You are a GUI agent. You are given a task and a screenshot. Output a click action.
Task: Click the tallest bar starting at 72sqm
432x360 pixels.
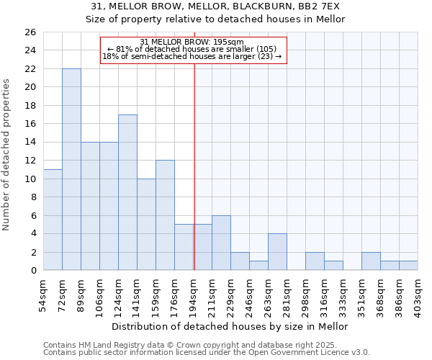pyautogui.click(x=71, y=169)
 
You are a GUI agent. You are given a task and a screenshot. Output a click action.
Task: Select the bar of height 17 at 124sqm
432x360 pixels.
pyautogui.click(x=127, y=192)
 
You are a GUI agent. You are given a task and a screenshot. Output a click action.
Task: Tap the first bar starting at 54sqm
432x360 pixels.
pyautogui.click(x=53, y=220)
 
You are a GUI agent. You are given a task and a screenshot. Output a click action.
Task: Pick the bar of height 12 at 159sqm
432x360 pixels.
pyautogui.click(x=165, y=215)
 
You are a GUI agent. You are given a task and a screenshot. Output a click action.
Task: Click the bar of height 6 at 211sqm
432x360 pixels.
pyautogui.click(x=221, y=243)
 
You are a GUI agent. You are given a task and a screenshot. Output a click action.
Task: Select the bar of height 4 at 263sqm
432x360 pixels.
pyautogui.click(x=277, y=252)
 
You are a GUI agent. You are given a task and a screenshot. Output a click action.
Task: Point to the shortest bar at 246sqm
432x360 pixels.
pyautogui.click(x=258, y=266)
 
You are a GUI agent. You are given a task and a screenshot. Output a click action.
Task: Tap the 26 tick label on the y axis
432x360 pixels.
pyautogui.click(x=30, y=32)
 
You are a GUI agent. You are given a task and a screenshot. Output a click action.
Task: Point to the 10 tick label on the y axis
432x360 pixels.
pyautogui.click(x=30, y=179)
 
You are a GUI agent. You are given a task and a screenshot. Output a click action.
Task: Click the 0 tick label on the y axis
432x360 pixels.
pyautogui.click(x=32, y=271)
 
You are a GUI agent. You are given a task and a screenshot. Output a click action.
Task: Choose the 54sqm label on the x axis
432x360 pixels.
pyautogui.click(x=43, y=295)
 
